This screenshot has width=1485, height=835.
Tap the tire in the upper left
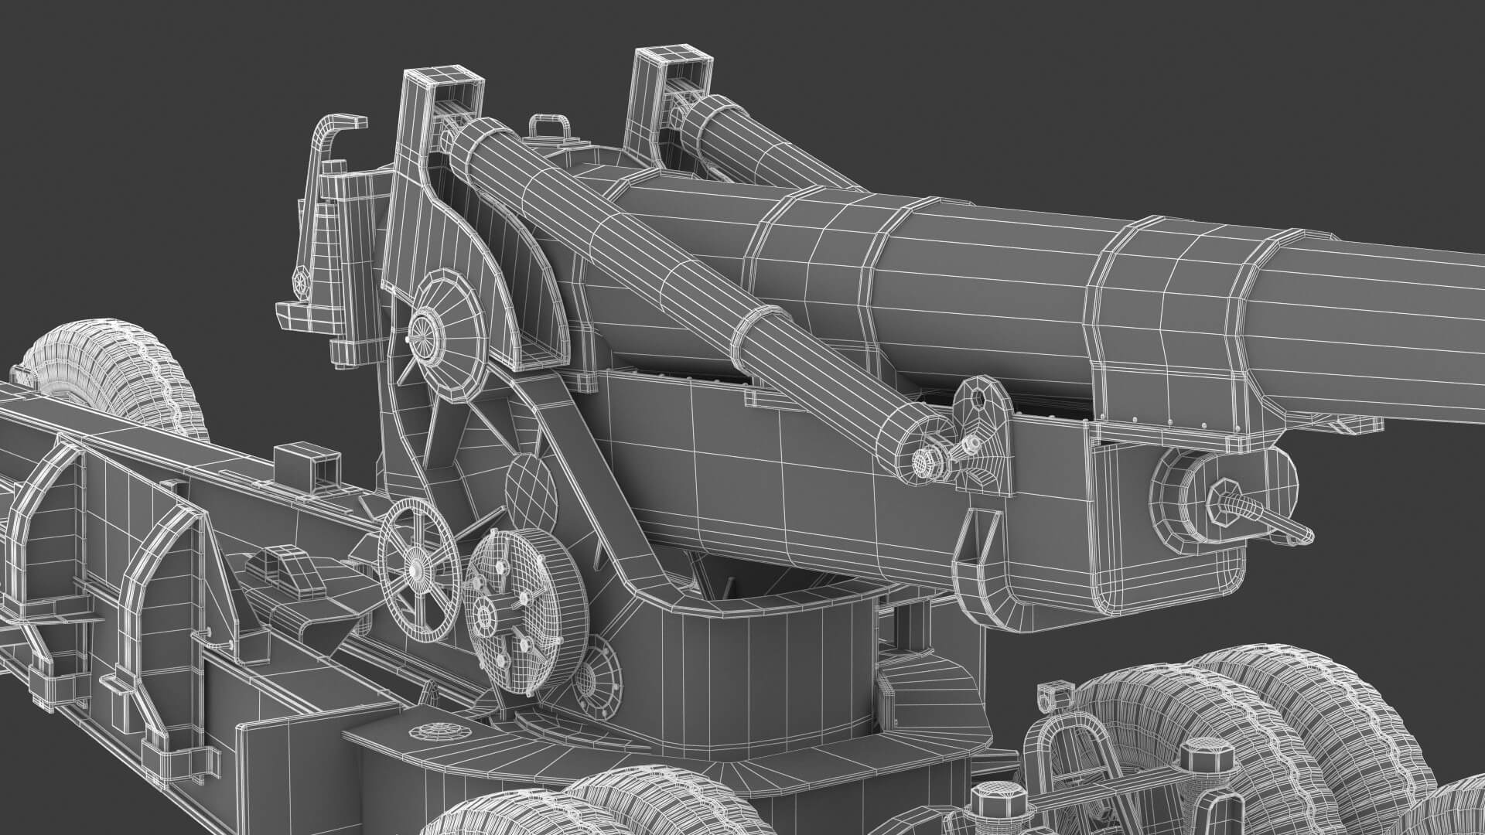pyautogui.click(x=108, y=363)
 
